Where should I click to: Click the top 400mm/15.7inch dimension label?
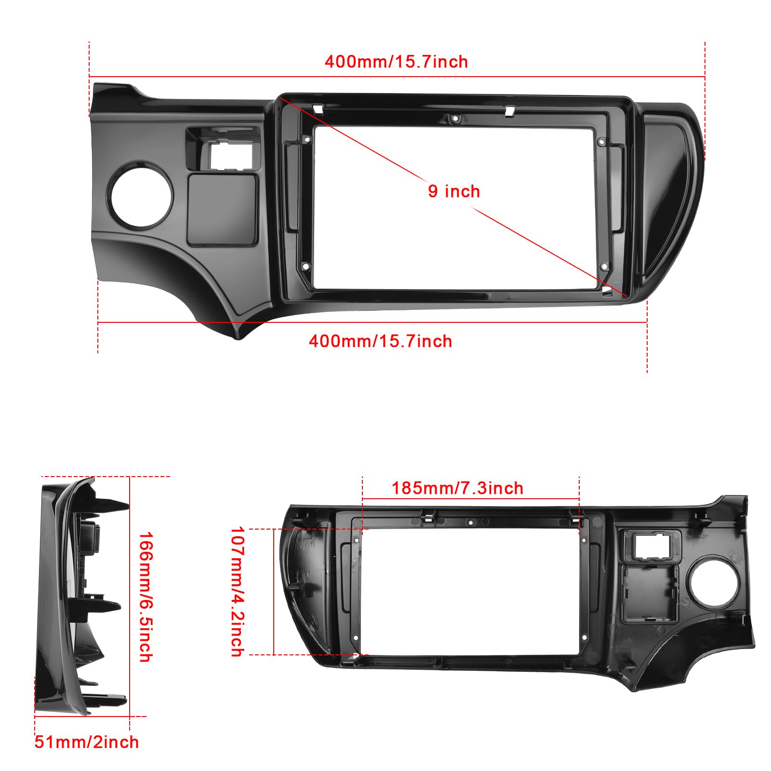[x=396, y=62]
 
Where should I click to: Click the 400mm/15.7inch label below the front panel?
[x=380, y=342]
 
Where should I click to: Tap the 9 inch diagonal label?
[x=454, y=191]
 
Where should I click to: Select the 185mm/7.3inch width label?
[x=457, y=488]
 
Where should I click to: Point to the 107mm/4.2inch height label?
[x=238, y=591]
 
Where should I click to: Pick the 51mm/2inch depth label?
[x=87, y=742]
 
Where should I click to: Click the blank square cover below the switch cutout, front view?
[x=223, y=210]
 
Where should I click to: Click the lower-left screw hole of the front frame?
[x=305, y=266]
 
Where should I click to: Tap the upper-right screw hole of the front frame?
[x=601, y=142]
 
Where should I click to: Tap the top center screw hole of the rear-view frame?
[x=471, y=522]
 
